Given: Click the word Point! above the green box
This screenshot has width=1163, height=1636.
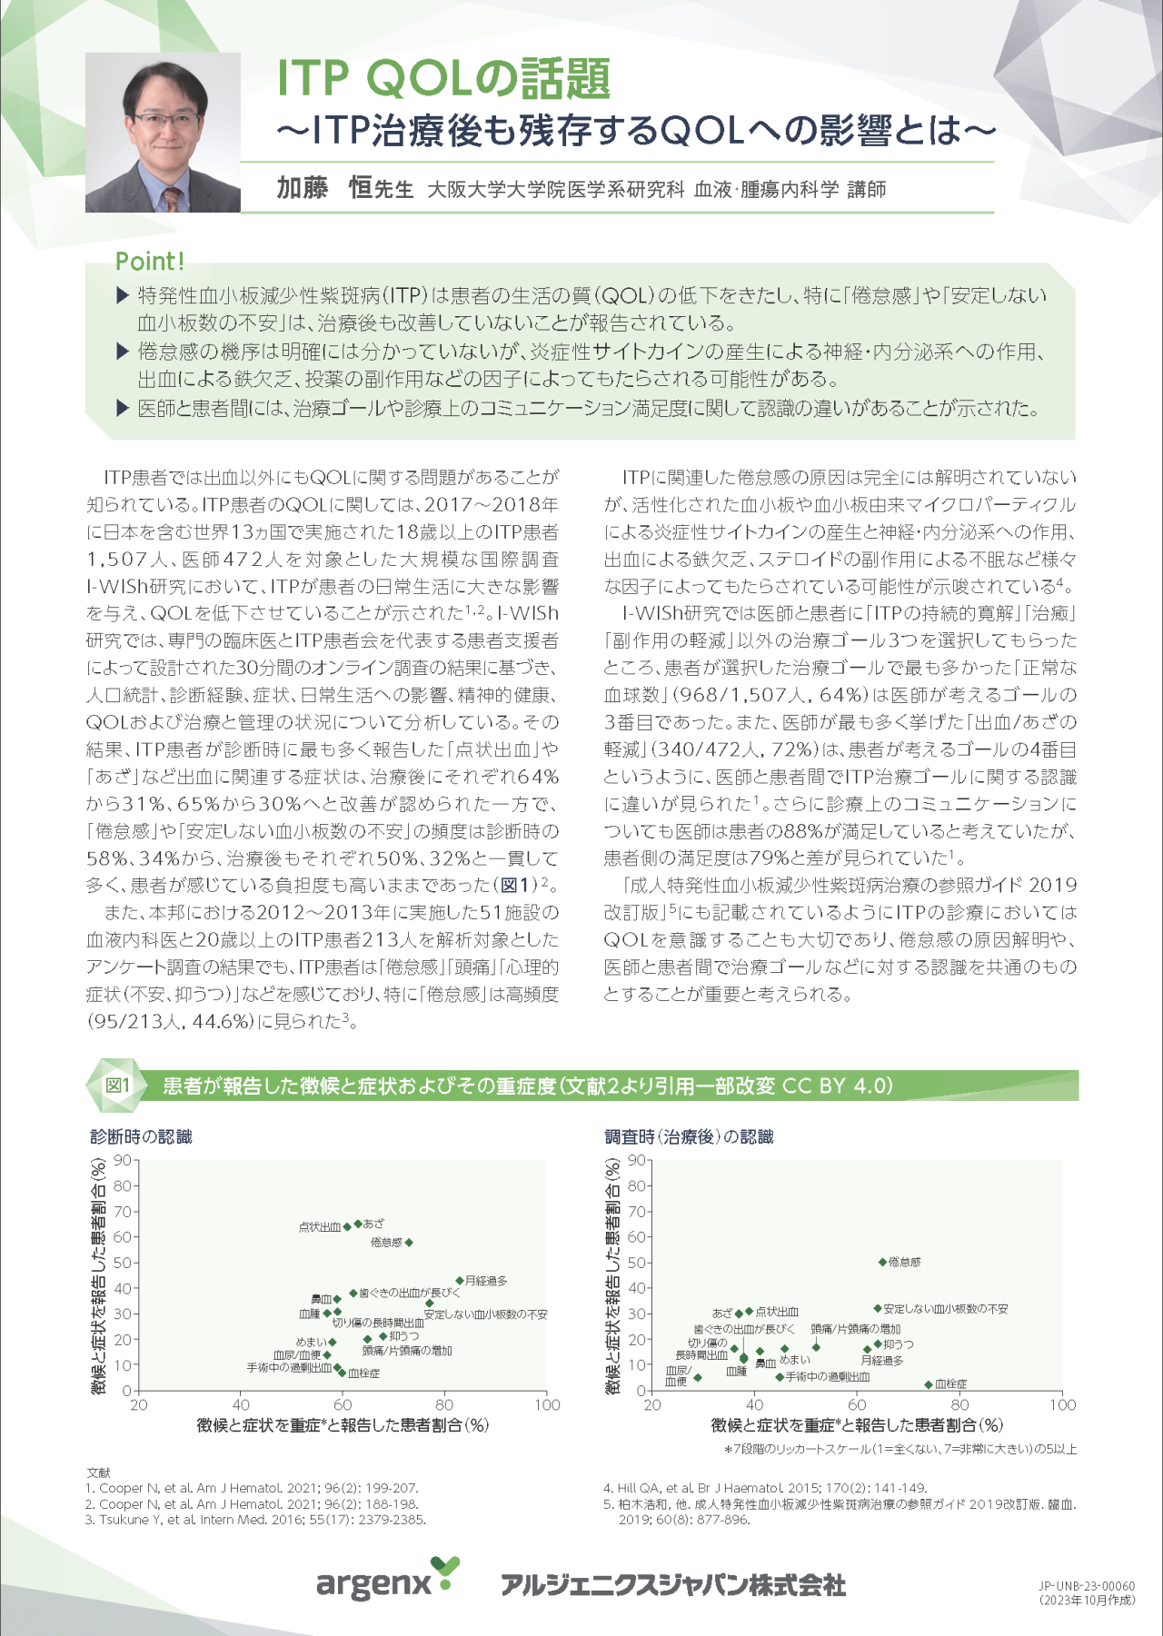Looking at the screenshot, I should click(x=150, y=262).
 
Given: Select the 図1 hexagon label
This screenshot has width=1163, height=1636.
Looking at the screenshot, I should click(x=117, y=1086).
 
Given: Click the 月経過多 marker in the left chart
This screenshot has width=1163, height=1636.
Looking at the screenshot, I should click(x=460, y=1281).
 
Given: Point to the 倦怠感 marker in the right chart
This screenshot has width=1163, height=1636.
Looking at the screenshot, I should click(x=882, y=1262).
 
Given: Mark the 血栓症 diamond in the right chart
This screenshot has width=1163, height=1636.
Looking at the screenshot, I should click(x=929, y=1384).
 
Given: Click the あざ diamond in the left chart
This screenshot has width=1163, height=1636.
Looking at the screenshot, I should click(x=358, y=1225).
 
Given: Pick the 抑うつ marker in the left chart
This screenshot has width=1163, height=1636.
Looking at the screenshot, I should click(x=383, y=1336).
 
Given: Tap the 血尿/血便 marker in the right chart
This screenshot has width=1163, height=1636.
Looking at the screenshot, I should click(x=698, y=1378).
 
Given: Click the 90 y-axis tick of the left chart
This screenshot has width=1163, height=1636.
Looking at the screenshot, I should click(x=123, y=1160).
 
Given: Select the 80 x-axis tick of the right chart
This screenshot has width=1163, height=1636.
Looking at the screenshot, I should click(x=960, y=1404).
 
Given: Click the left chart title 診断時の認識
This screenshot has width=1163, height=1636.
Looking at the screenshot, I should click(x=141, y=1136).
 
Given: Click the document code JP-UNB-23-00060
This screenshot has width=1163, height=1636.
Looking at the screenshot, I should click(x=1086, y=1586).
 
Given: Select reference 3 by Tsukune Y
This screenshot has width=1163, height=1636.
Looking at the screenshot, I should click(x=255, y=1519).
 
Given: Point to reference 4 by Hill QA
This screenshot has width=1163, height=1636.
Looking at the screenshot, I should click(x=765, y=1488).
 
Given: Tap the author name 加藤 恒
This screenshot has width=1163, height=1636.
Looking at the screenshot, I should click(x=324, y=188).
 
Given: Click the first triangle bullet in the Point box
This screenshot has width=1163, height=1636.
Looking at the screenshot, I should click(x=124, y=295).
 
